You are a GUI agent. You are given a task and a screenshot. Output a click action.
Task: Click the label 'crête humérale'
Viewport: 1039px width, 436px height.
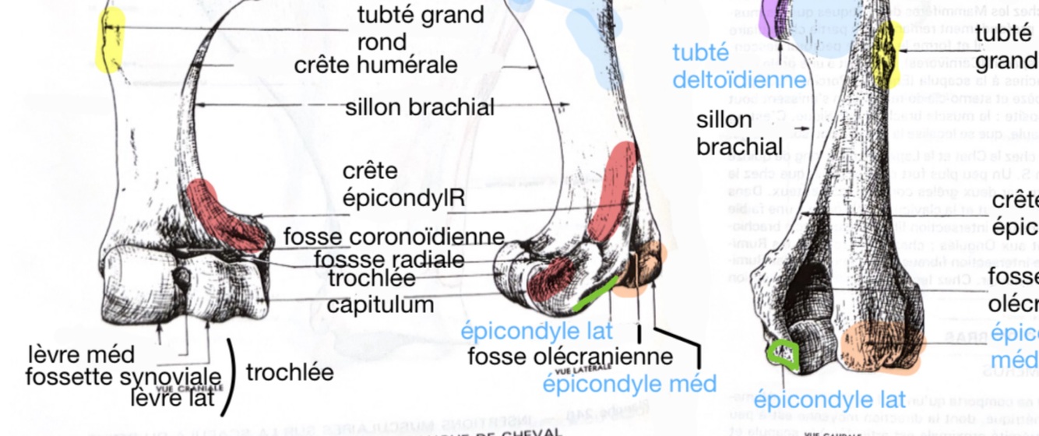click(375, 65)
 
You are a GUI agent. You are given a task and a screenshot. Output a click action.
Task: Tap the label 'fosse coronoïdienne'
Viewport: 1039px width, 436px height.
click(393, 237)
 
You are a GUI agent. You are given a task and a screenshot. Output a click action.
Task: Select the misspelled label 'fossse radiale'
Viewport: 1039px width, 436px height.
click(389, 258)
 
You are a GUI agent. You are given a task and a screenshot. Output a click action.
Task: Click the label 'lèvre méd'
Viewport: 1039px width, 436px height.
click(81, 354)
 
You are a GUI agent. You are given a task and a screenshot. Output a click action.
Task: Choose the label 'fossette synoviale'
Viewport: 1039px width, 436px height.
click(123, 378)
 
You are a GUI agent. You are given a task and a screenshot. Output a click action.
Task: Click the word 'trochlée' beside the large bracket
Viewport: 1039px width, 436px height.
click(290, 372)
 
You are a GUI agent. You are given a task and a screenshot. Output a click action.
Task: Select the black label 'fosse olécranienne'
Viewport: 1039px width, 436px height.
click(569, 357)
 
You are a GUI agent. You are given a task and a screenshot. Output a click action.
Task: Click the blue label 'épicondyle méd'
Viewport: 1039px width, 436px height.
click(629, 383)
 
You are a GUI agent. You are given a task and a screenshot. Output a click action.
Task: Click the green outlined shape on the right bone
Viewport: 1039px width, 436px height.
click(782, 354)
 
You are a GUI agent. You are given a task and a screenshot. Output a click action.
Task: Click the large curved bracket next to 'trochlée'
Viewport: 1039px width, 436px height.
click(229, 377)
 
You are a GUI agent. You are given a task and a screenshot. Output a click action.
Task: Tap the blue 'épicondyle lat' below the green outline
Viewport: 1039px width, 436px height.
click(829, 400)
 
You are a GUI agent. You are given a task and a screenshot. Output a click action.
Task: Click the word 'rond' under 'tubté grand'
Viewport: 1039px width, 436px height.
click(382, 40)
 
